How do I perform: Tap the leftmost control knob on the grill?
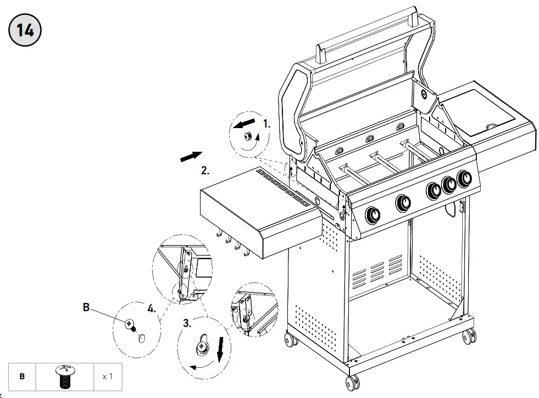[374, 214]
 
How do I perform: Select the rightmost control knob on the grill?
[466, 179]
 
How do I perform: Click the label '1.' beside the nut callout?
[266, 124]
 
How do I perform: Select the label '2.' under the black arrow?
[205, 170]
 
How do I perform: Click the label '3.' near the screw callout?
[187, 323]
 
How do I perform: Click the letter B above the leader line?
[86, 308]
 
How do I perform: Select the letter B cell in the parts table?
[23, 377]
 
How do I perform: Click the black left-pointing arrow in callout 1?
[245, 121]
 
